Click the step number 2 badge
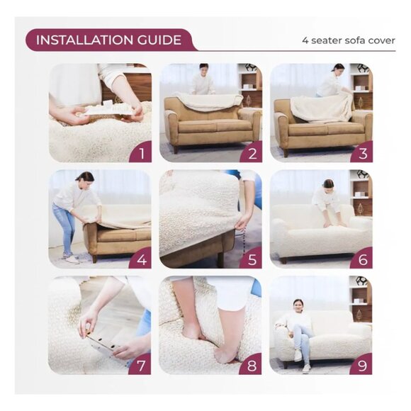coord(251,152)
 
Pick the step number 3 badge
coord(361,152)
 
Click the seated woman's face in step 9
coord(298,305)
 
